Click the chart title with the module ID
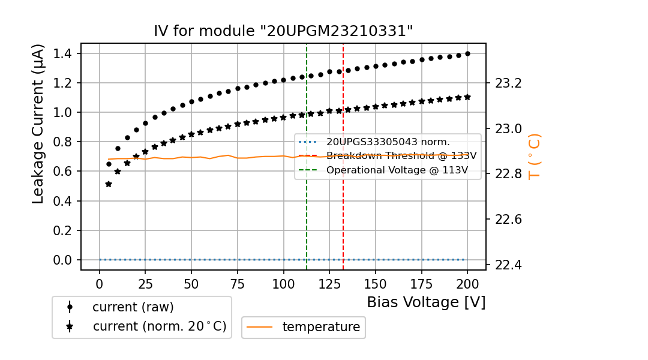[283, 31]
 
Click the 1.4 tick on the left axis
[63, 53]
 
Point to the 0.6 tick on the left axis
[63, 171]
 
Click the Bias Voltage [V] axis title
[426, 302]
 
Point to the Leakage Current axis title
[38, 124]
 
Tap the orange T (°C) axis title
[534, 156]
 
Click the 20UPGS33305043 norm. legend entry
[388, 142]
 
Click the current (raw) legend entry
[133, 307]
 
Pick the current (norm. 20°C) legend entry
[159, 326]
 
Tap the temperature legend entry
[321, 327]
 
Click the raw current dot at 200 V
[467, 53]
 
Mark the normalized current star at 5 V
[109, 184]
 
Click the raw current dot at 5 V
[109, 164]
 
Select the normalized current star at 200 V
[467, 97]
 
